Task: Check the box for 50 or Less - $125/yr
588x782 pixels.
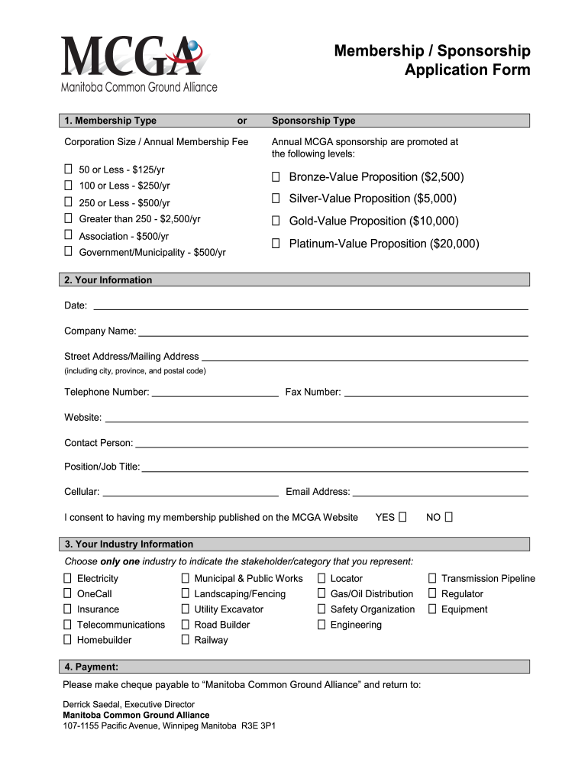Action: tap(69, 170)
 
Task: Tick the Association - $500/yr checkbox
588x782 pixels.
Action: tap(69, 236)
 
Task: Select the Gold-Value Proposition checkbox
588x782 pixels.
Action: tap(276, 221)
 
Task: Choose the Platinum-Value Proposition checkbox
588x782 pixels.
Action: tap(276, 244)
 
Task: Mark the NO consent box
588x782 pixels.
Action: tap(449, 517)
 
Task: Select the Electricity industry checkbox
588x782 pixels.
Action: tap(68, 579)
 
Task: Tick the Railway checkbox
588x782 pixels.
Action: tap(186, 640)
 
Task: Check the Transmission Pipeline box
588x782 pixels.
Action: tap(432, 579)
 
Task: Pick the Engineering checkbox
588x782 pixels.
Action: tap(321, 625)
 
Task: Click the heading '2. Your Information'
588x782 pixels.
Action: tap(108, 280)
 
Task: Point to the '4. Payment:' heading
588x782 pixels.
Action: tap(91, 667)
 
